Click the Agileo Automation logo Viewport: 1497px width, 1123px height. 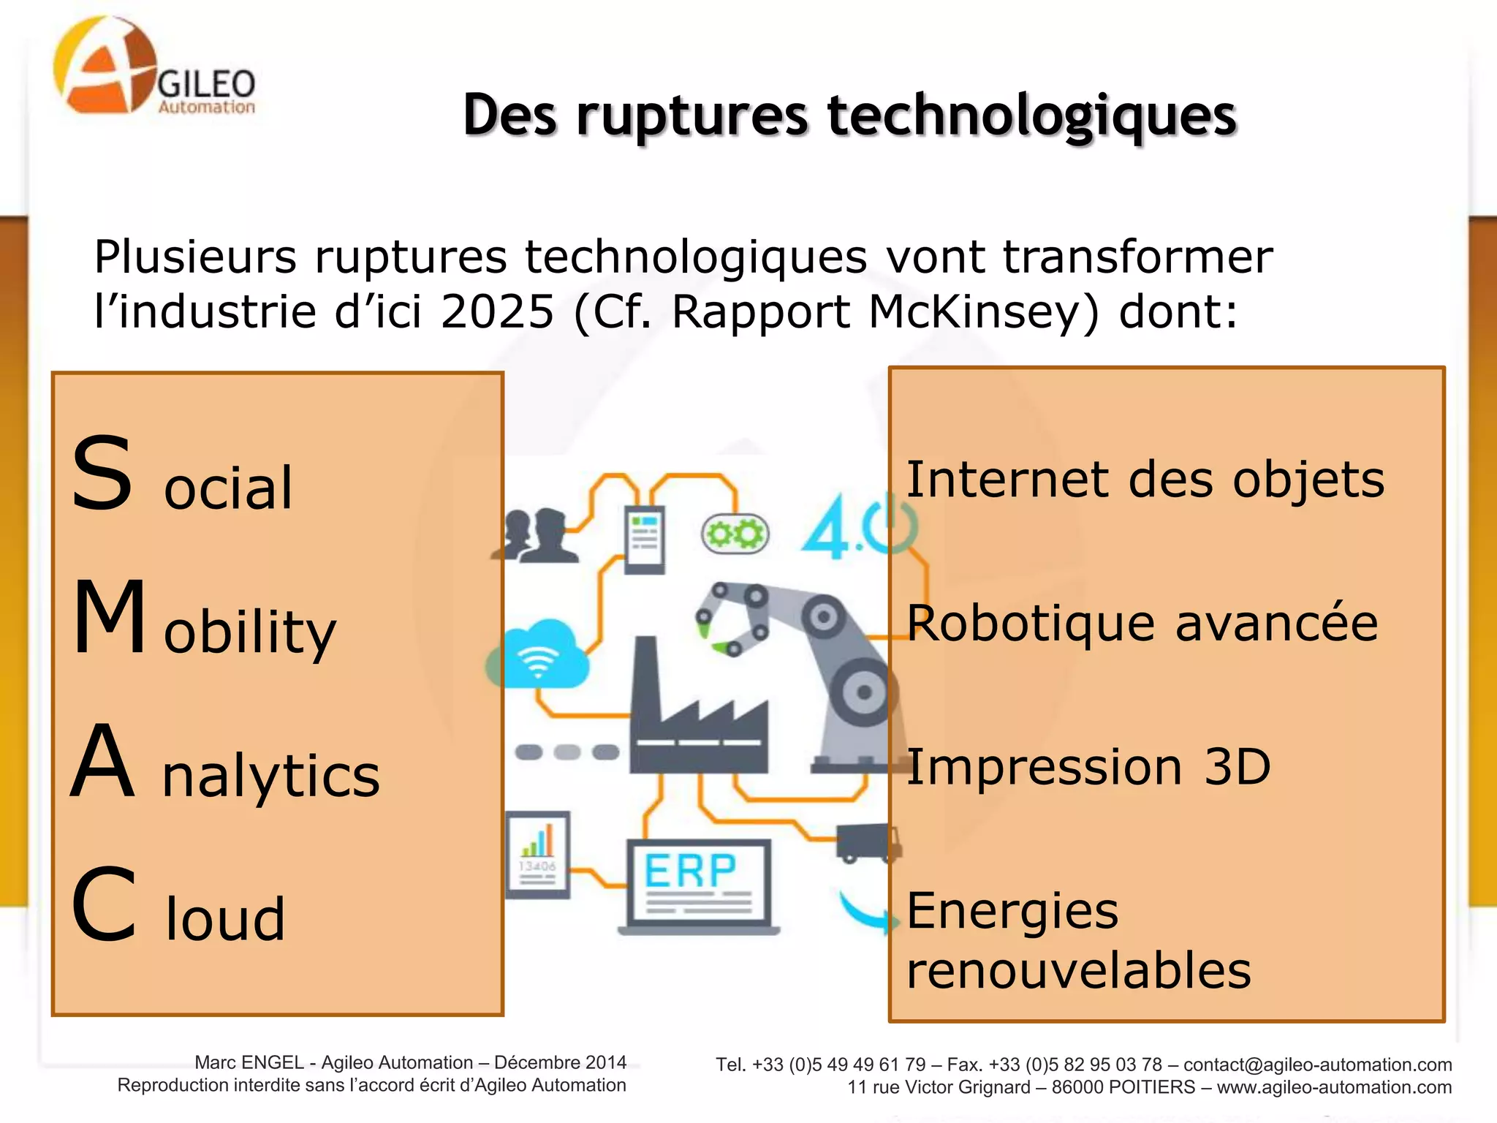154,69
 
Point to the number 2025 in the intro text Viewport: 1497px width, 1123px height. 497,313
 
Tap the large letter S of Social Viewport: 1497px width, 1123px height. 102,474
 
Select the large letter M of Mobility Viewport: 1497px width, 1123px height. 110,616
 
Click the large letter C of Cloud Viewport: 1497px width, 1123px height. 104,904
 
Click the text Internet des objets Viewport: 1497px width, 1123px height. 1145,480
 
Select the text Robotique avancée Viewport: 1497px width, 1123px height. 1142,623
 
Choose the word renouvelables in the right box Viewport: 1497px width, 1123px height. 1079,970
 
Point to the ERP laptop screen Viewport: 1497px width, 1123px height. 699,881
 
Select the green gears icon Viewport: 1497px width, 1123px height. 735,534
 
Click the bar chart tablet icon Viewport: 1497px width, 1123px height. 538,854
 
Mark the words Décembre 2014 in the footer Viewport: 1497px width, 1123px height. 560,1062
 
